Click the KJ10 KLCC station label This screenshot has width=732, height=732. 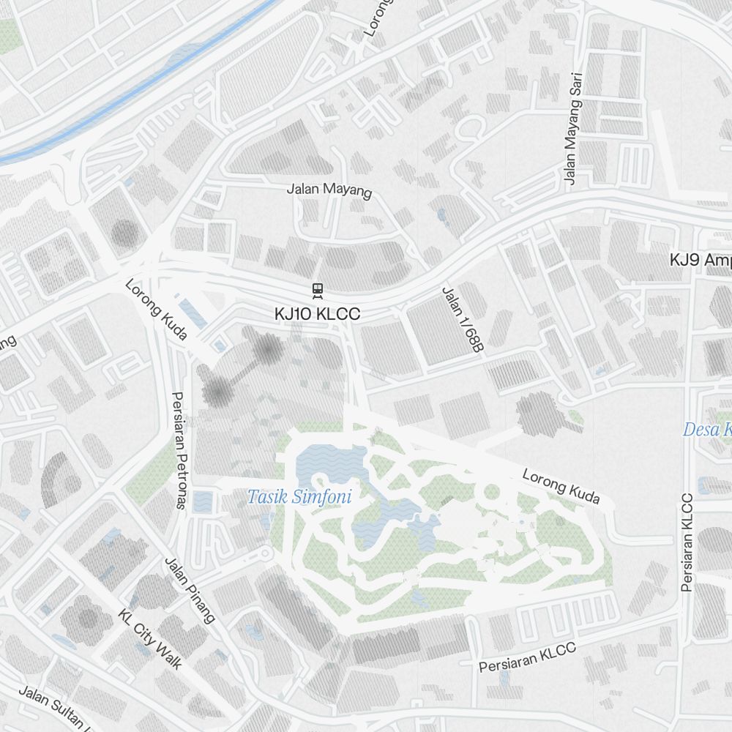pos(318,314)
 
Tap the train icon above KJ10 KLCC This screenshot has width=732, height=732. pos(318,291)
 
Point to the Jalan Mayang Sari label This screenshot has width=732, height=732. pos(572,128)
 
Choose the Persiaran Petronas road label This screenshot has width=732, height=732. pos(178,450)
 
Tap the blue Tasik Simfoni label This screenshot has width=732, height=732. pos(299,498)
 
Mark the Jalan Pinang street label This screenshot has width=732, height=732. pos(190,590)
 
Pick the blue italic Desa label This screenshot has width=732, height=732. pos(707,430)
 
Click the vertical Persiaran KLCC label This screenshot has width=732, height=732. pos(687,542)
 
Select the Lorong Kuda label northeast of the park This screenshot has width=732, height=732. pos(561,487)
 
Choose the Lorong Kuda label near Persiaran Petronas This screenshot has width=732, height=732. pos(156,310)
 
